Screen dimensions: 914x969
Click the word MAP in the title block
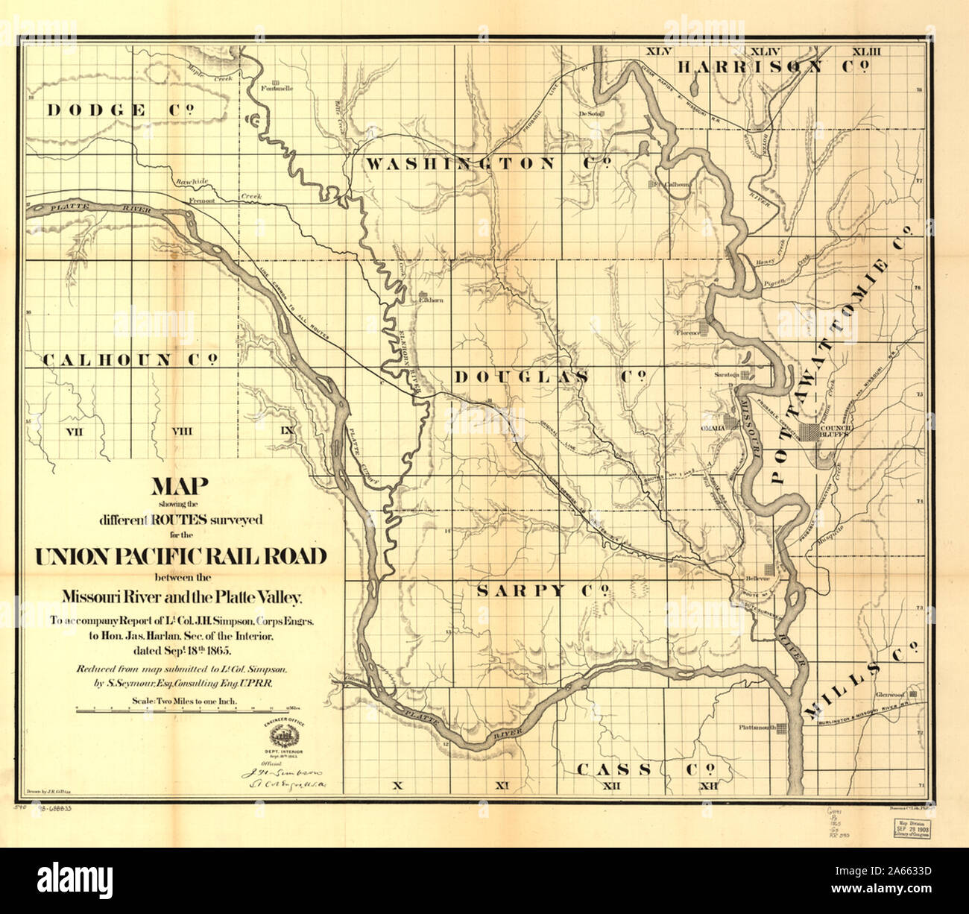click(x=180, y=486)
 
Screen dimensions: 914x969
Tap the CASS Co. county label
click(x=646, y=769)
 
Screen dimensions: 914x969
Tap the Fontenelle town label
click(x=277, y=88)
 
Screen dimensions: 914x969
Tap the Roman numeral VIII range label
click(x=182, y=431)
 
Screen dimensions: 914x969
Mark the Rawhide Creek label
click(x=190, y=183)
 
